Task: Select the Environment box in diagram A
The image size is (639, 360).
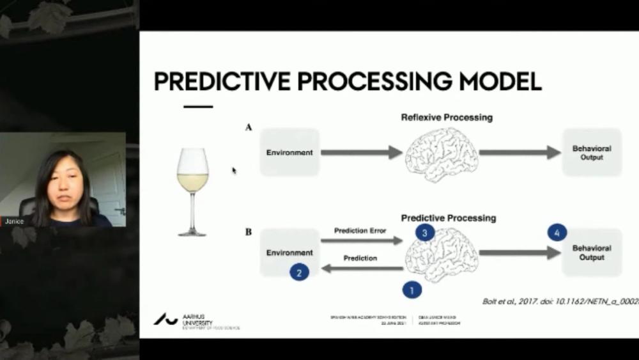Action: (289, 152)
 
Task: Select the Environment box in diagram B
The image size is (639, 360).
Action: (289, 253)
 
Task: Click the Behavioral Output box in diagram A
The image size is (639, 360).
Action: (592, 152)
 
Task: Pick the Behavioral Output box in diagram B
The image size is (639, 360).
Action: (592, 253)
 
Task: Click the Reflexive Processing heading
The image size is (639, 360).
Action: (447, 118)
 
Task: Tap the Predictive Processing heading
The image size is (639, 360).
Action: (448, 218)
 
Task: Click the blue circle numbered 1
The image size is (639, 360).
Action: (412, 290)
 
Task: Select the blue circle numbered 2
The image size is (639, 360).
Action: (299, 272)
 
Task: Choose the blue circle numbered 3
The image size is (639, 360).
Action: (425, 233)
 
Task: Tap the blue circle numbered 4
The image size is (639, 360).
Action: (557, 233)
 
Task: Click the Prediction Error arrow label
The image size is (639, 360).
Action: (360, 231)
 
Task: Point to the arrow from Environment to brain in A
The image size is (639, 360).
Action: (361, 152)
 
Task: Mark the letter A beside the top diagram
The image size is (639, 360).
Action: (249, 128)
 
